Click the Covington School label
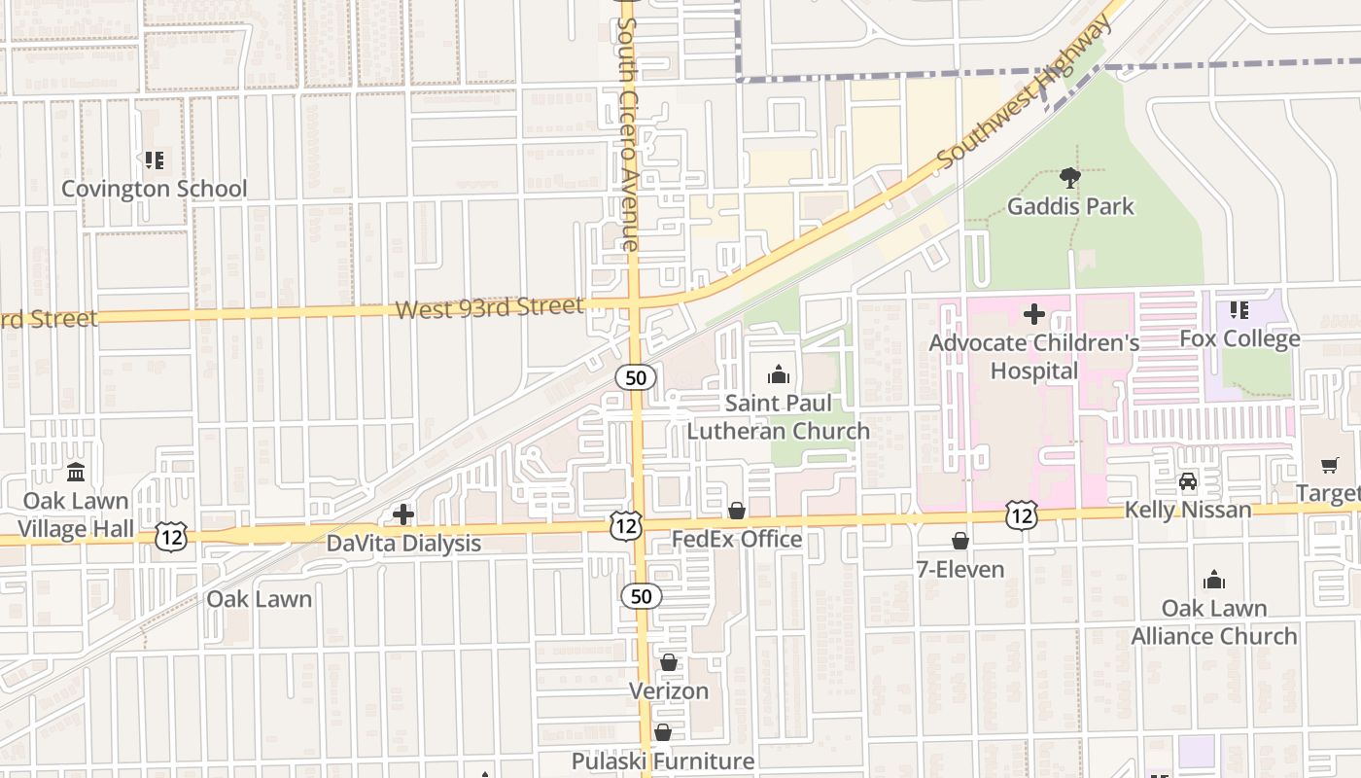point(155,189)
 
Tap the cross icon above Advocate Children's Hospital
point(1034,314)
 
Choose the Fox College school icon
point(1239,310)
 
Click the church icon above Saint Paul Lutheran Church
point(779,374)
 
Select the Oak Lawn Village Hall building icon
point(76,473)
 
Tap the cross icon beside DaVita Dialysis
point(403,514)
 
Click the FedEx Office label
point(737,539)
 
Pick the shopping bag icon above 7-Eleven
point(960,541)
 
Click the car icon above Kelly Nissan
point(1188,481)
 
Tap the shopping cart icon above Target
point(1329,465)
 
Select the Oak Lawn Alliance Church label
point(1214,622)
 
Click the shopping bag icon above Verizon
point(669,663)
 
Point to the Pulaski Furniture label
point(663,760)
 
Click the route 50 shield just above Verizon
point(642,596)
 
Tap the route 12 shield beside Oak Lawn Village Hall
point(171,536)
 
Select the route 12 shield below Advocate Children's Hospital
point(1021,515)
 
